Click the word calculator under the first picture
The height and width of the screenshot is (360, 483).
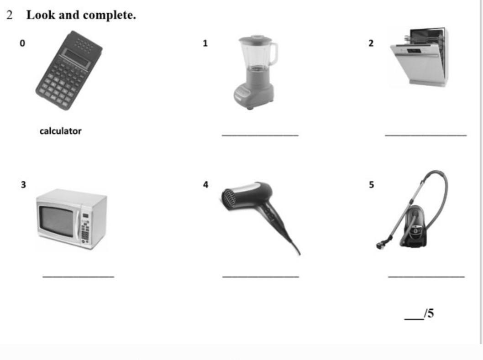60,131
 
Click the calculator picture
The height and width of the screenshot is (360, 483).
69,70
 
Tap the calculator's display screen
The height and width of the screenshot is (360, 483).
76,58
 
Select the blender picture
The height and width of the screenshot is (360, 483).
255,72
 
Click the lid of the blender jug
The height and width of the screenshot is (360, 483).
255,39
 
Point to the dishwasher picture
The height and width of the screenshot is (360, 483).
419,57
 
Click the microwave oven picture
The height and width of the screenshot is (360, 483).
72,219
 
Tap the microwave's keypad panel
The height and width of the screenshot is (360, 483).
85,227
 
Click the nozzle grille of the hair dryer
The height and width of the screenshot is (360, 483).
229,200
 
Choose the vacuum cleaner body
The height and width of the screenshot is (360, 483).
414,227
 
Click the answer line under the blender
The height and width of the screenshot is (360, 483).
260,135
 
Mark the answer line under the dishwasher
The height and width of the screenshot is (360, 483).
425,135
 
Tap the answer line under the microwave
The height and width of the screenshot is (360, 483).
78,277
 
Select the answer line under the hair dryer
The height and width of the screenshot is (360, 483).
261,277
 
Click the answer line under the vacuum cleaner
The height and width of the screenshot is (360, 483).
426,277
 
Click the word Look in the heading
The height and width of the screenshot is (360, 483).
41,15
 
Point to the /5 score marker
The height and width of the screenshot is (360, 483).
429,313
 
